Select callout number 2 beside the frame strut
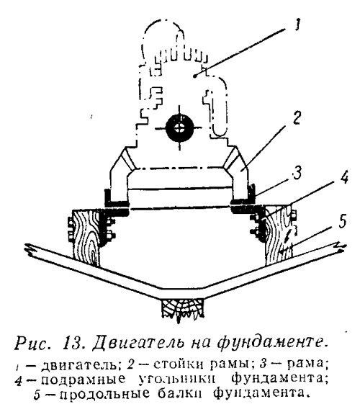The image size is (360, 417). pyautogui.click(x=296, y=117)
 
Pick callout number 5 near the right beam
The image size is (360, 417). pyautogui.click(x=342, y=220)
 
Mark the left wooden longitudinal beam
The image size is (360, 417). pyautogui.click(x=86, y=238)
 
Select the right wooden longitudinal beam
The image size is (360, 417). pyautogui.click(x=278, y=235)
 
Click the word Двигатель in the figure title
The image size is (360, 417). pyautogui.click(x=138, y=344)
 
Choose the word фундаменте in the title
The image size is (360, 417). pyautogui.click(x=271, y=344)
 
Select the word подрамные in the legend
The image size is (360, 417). pyautogui.click(x=83, y=380)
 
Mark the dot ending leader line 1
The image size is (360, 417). pyautogui.click(x=195, y=77)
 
